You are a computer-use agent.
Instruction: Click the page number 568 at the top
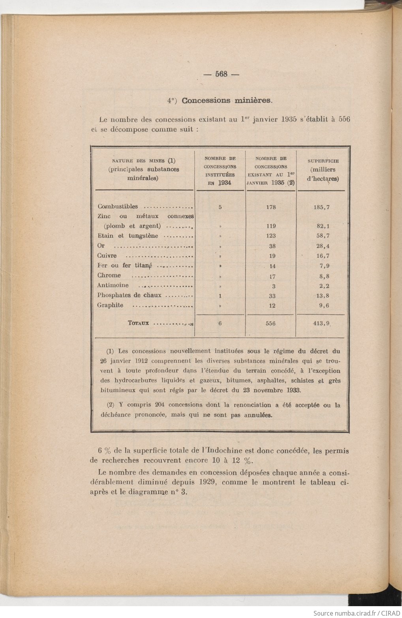[x=222, y=74]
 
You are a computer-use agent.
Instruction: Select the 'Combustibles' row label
[x=118, y=206]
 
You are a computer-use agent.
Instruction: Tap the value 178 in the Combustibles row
[x=271, y=207]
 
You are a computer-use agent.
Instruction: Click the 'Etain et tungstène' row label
[x=128, y=236]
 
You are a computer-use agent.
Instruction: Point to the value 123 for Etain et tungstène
[x=271, y=236]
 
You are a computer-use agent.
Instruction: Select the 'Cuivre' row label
[x=107, y=256]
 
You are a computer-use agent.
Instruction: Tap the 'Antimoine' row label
[x=113, y=285]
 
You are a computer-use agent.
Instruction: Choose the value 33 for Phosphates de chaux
[x=271, y=296]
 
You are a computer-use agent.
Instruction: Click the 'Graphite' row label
[x=110, y=305]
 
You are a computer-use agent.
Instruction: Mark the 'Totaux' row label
[x=138, y=323]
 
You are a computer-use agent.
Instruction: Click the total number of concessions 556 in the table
[x=271, y=324]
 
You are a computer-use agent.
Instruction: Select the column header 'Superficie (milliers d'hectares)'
[x=323, y=170]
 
